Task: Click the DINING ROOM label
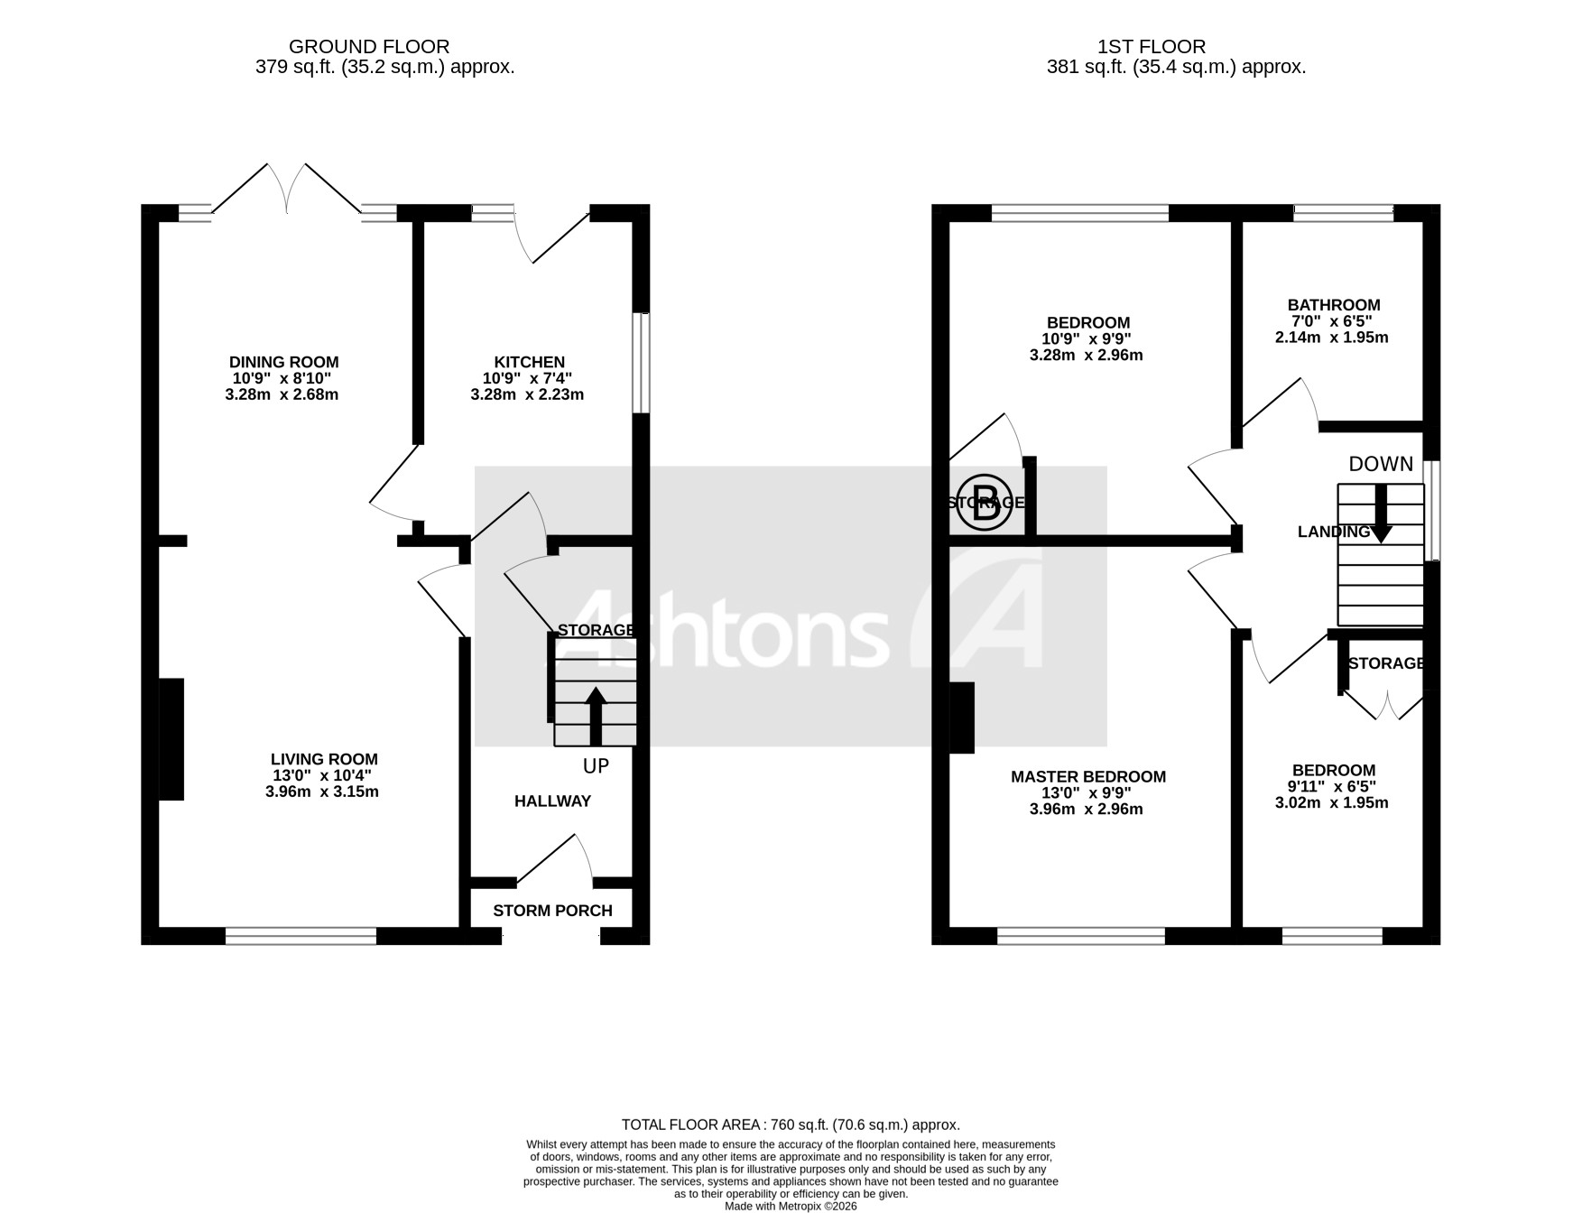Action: click(283, 363)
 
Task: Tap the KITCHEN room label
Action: click(529, 363)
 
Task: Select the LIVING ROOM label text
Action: click(324, 760)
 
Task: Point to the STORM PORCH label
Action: click(552, 912)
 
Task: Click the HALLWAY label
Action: click(552, 801)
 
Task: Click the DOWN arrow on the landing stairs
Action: click(1381, 514)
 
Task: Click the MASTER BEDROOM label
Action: click(1087, 777)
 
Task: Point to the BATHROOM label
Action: click(1333, 305)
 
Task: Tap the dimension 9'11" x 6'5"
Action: click(1332, 787)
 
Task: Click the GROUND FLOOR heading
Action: click(369, 46)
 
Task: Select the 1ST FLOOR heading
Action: click(1151, 46)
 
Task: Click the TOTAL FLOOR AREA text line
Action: click(791, 1125)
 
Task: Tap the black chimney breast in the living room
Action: click(171, 739)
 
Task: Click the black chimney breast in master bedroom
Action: click(962, 718)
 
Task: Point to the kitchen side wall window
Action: click(640, 363)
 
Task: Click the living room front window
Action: click(301, 936)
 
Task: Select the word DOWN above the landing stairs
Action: click(1380, 464)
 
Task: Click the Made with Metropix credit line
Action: click(791, 1205)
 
